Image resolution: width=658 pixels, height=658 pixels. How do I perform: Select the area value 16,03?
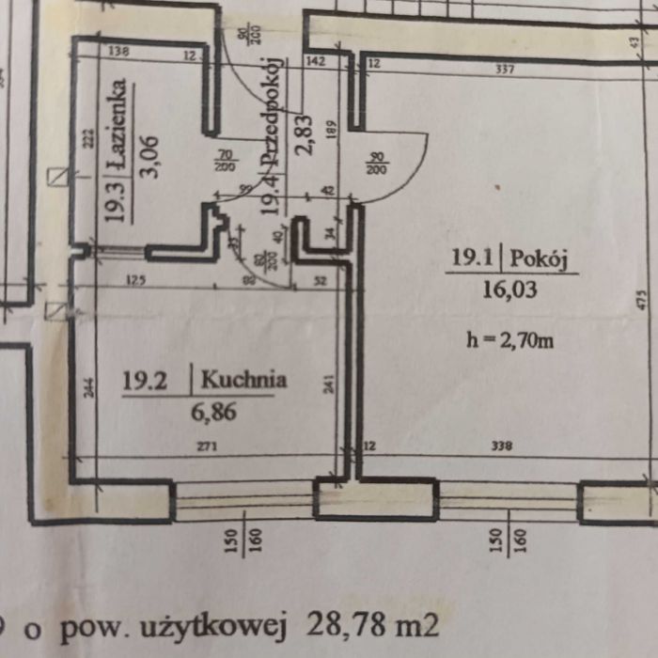coord(509,290)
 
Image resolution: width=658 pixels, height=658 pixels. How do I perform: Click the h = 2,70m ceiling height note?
coord(509,339)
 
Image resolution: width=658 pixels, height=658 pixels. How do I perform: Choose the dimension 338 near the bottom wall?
coord(501,447)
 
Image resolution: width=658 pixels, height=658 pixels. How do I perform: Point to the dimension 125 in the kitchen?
coord(136,278)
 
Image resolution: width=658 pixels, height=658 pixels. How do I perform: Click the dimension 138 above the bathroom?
coord(119,52)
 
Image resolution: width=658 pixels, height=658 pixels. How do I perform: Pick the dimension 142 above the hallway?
coord(315,62)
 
